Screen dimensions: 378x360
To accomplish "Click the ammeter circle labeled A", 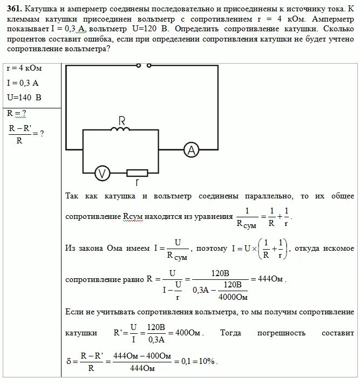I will [189, 150].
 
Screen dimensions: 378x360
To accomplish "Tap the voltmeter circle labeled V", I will [102, 173].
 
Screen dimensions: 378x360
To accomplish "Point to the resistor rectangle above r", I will [137, 173].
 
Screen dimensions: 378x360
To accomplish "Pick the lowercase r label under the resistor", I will [137, 183].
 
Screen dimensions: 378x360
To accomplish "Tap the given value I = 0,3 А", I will [23, 83].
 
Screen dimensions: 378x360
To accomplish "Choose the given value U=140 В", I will [24, 98].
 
